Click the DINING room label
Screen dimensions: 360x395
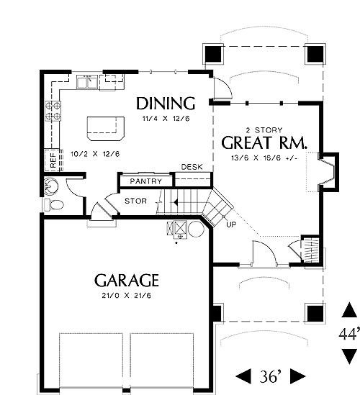coord(166,104)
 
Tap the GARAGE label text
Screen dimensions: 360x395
coord(127,281)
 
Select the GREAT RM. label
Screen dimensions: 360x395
coord(264,143)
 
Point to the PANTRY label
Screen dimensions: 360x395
coord(145,181)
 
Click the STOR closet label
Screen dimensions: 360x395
coord(135,201)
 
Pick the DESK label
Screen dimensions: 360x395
coord(192,167)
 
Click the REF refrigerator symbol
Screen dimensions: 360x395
coord(53,160)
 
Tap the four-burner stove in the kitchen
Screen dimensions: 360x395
coord(53,111)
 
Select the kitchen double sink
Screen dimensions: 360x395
coord(87,82)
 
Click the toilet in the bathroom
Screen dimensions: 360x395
coord(54,205)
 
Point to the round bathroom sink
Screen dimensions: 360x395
coord(51,186)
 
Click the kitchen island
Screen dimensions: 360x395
coord(106,129)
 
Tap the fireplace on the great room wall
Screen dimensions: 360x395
coord(328,172)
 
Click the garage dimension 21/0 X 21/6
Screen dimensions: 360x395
coord(127,295)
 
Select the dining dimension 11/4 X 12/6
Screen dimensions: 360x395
coord(166,119)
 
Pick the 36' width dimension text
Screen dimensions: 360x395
coord(270,376)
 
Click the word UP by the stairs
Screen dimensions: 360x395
coord(231,224)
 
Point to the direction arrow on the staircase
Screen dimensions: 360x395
coord(176,202)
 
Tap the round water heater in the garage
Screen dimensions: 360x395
coord(196,229)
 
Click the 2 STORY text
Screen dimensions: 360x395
coord(264,130)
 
